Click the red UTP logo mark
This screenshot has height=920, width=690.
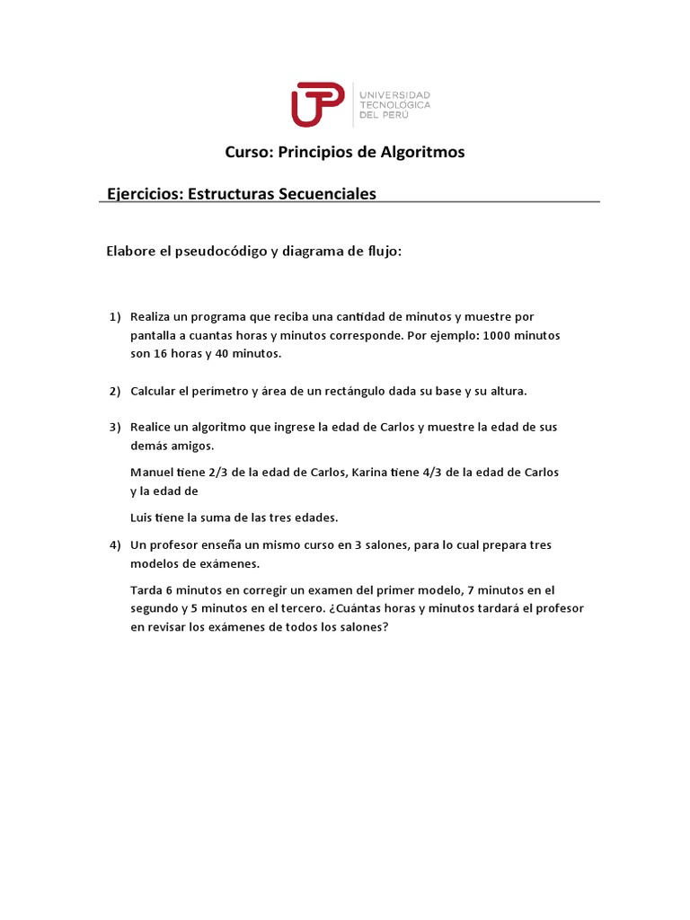(316, 104)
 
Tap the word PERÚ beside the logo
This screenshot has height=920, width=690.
(414, 116)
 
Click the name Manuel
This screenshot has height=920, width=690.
(154, 472)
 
